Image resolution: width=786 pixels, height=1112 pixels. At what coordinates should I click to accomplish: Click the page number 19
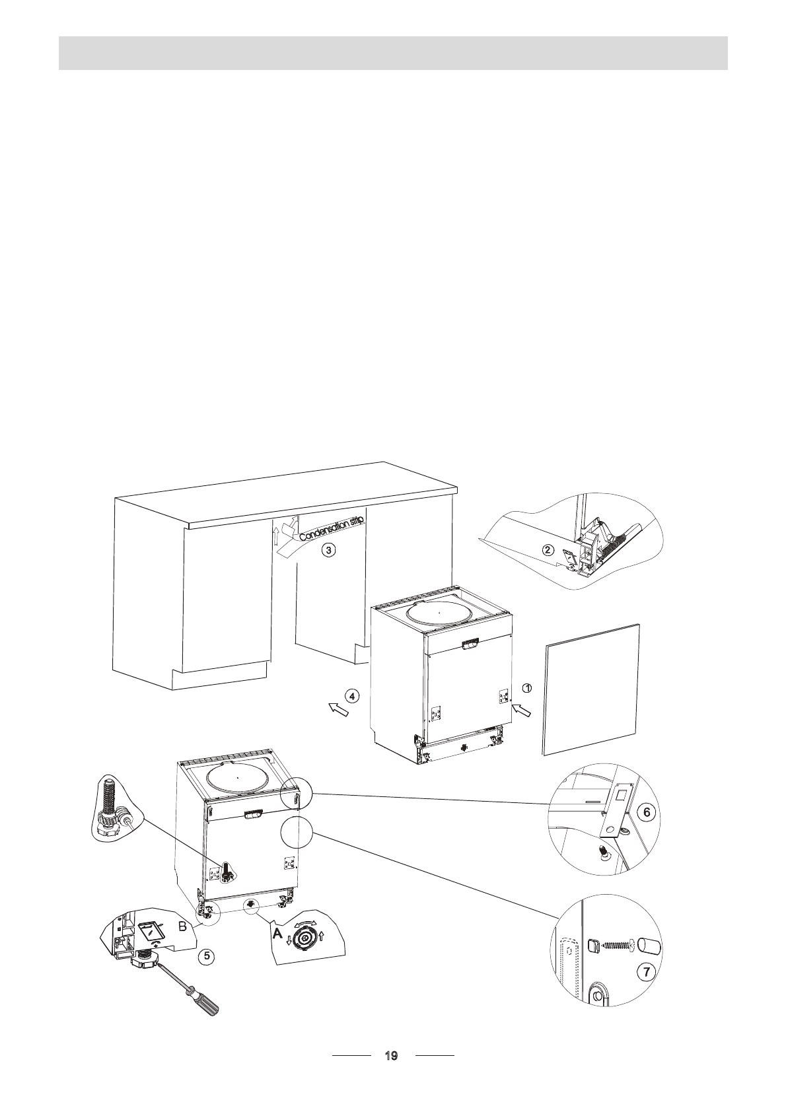pyautogui.click(x=391, y=1056)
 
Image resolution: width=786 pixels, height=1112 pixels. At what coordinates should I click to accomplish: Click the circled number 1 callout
pyautogui.click(x=526, y=687)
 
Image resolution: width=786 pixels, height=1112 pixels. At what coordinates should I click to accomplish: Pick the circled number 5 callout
pyautogui.click(x=207, y=955)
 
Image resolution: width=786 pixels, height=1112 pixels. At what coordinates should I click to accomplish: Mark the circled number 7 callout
pyautogui.click(x=647, y=971)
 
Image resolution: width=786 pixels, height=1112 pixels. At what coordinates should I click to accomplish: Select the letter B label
pyautogui.click(x=183, y=927)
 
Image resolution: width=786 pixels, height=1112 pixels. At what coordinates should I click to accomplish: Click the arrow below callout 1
pyautogui.click(x=522, y=711)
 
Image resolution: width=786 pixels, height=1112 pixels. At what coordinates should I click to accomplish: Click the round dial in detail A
pyautogui.click(x=305, y=936)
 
